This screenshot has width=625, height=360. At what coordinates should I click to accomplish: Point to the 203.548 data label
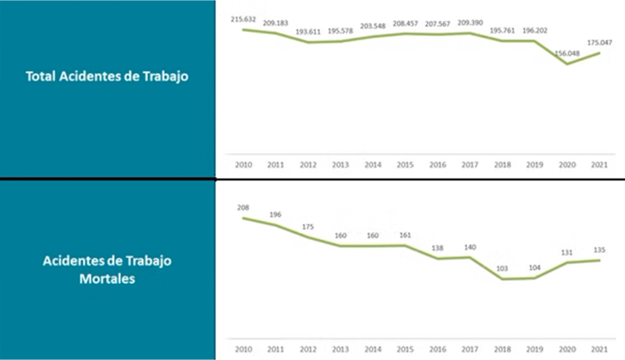(x=372, y=26)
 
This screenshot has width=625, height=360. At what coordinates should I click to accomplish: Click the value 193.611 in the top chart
(x=307, y=32)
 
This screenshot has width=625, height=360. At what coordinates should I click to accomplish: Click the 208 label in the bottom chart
(x=243, y=207)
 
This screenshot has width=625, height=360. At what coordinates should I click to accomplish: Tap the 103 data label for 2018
(x=502, y=269)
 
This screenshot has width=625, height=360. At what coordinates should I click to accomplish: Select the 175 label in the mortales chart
(x=308, y=227)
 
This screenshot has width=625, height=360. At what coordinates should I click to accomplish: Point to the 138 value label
(x=437, y=248)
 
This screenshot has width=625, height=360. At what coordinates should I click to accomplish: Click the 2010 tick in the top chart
(x=242, y=165)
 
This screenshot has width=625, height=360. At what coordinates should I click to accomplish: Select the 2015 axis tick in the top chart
(x=405, y=165)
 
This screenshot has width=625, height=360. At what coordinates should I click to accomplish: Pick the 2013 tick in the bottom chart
(x=340, y=349)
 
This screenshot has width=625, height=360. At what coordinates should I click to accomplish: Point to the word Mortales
(x=107, y=279)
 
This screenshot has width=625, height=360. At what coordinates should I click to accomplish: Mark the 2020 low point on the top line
(x=568, y=63)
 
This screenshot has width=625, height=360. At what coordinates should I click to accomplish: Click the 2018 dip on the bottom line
(x=502, y=279)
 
